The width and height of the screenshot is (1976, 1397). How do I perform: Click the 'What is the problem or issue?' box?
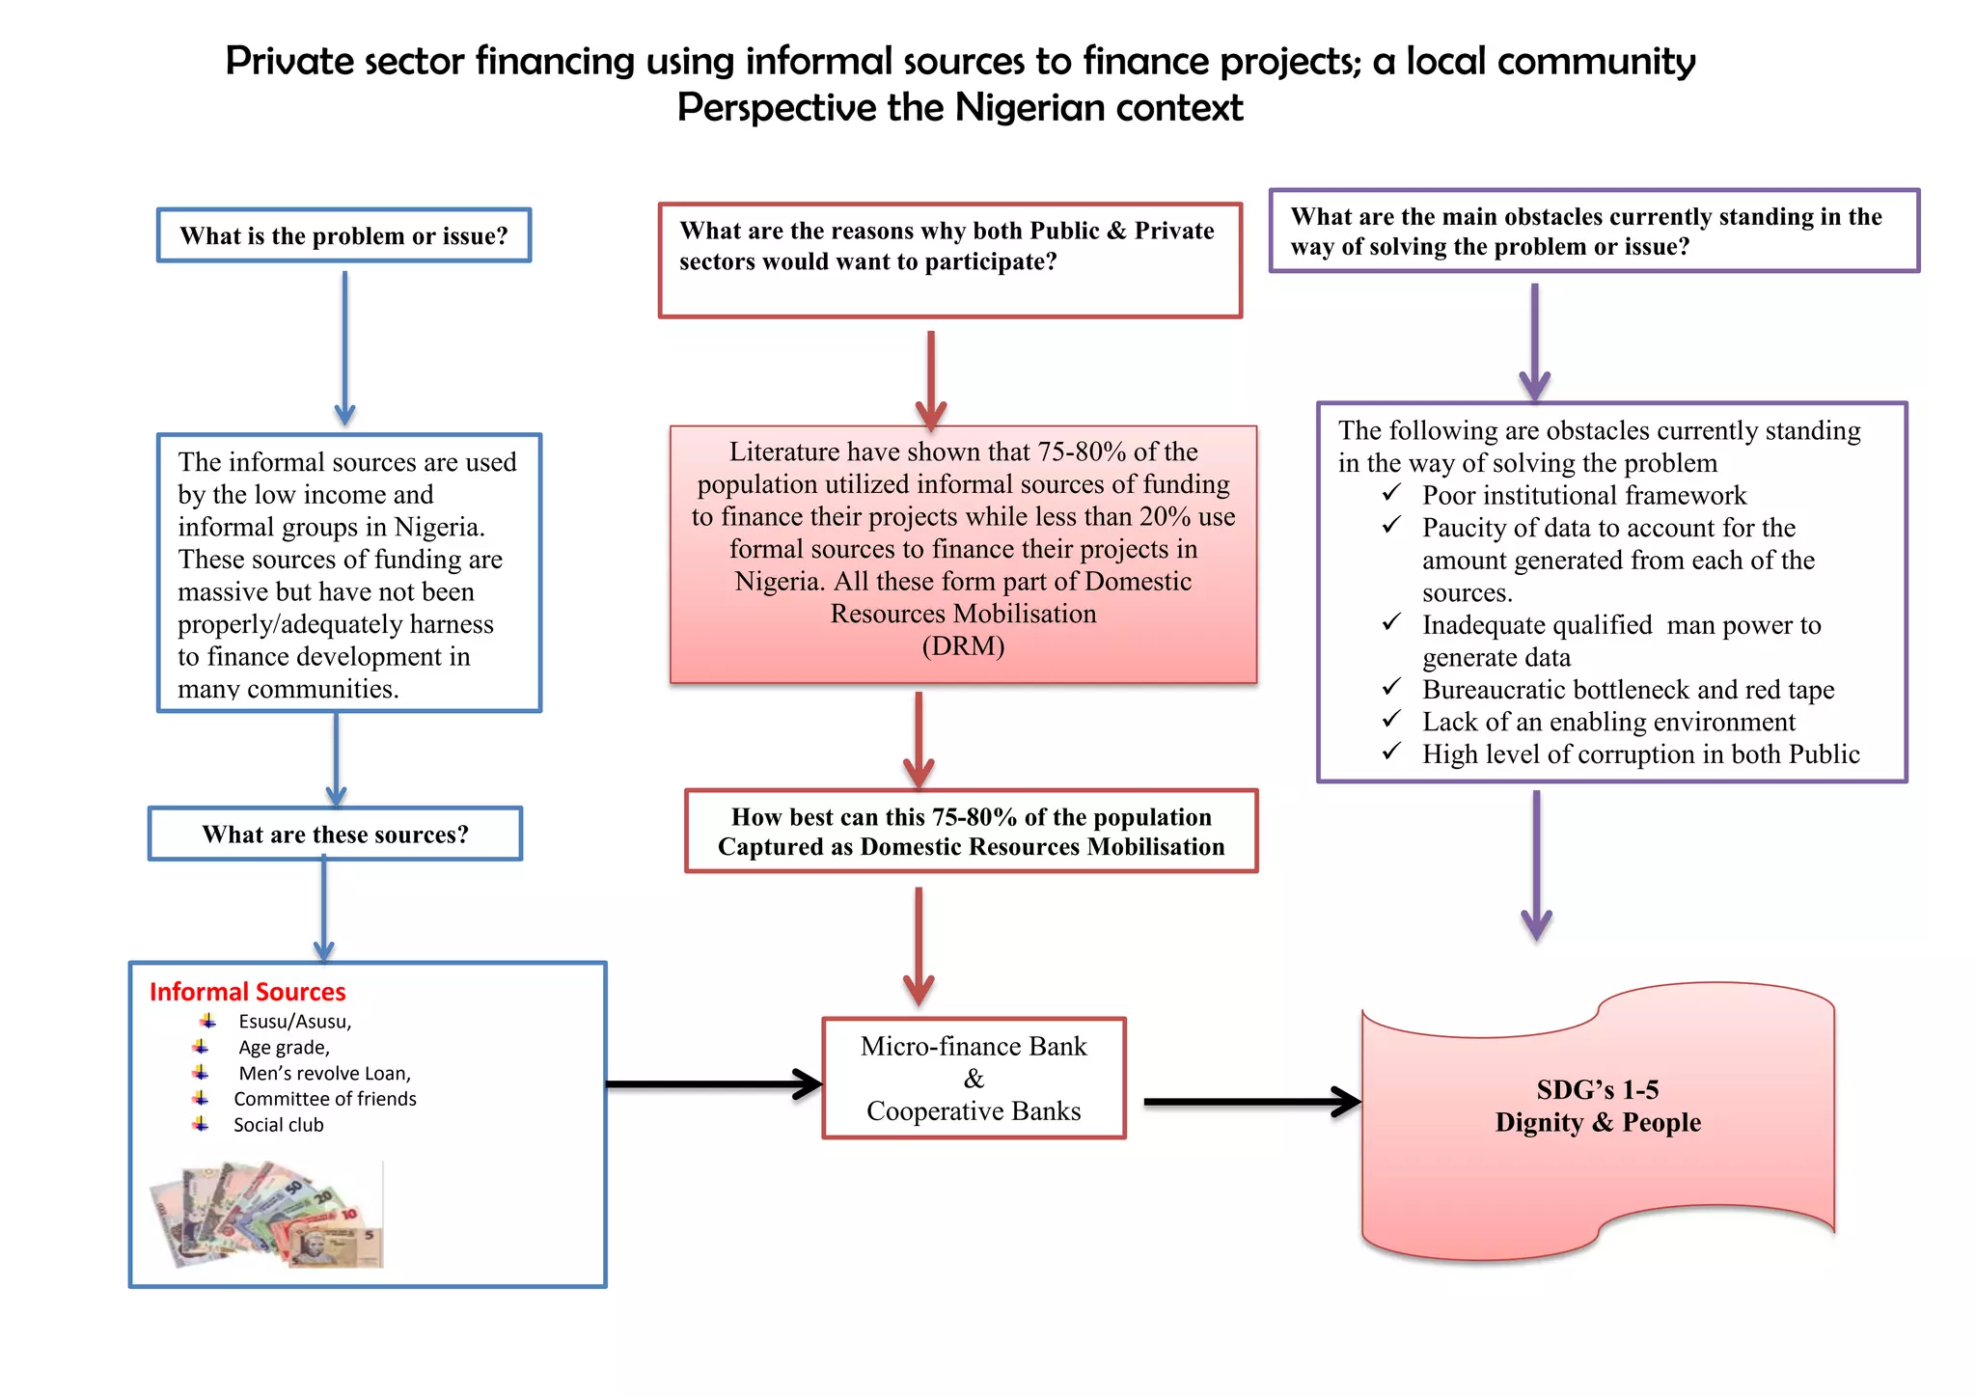343,235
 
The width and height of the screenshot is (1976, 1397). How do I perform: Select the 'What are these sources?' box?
335,834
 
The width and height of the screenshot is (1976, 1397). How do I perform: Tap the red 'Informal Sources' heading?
247,992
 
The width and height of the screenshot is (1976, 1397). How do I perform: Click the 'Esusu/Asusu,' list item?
294,1022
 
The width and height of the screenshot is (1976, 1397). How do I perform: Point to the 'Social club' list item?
278,1125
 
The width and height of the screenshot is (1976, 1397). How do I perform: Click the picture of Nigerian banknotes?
267,1215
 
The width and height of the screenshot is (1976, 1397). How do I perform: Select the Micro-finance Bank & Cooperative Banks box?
974,1079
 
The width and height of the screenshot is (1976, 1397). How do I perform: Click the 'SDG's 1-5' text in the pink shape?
1597,1090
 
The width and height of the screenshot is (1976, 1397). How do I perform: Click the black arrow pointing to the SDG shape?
1250,1101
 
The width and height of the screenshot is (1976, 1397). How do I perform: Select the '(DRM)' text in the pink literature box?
963,645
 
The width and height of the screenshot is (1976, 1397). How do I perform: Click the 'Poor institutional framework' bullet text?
1583,496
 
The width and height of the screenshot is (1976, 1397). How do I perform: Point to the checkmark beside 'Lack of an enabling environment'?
1390,720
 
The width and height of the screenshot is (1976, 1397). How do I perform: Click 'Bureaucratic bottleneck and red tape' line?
1628,690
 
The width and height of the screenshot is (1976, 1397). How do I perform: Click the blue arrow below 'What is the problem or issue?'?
344,347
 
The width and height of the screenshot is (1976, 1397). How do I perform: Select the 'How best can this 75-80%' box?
971,832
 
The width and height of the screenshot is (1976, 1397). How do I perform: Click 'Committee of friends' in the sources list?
324,1099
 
